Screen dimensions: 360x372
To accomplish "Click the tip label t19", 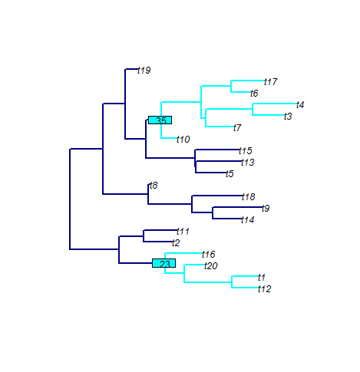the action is tap(144, 71).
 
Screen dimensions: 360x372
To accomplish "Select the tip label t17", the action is tap(271, 82).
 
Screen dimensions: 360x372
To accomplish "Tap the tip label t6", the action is tap(254, 94).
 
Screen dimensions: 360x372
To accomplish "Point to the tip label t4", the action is tap(300, 105).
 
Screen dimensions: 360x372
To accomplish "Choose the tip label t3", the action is tap(288, 117).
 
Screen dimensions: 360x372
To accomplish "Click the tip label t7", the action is tap(237, 128).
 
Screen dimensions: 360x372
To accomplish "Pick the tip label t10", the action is tap(183, 140).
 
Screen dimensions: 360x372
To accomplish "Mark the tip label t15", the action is tap(246, 151).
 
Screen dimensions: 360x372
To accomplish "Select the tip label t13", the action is tap(248, 163).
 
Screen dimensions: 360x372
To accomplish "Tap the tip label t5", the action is tap(230, 174).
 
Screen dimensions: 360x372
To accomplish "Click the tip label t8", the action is tap(154, 186).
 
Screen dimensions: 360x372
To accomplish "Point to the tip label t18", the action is tap(249, 197).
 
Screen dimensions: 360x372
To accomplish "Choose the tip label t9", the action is tap(266, 209).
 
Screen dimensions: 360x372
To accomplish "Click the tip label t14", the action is tap(248, 220).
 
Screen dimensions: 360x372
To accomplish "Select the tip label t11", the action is tap(183, 232).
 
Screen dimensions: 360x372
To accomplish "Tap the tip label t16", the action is tap(209, 255).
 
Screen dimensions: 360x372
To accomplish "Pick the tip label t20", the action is tap(211, 266).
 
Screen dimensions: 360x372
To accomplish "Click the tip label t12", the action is tap(265, 289).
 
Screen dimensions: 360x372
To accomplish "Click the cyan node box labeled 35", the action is tap(160, 120).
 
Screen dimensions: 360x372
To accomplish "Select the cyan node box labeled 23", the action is tap(164, 263).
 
